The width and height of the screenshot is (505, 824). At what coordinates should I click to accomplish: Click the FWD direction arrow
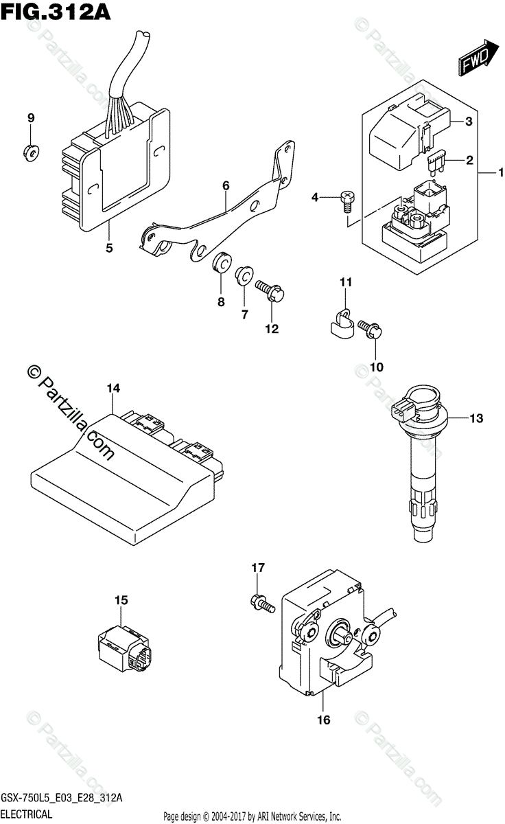[x=478, y=58]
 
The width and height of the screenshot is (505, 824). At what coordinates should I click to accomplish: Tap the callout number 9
[x=32, y=118]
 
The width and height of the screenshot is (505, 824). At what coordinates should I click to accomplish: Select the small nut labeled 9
[x=32, y=152]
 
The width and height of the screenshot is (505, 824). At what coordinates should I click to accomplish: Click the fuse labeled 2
[x=436, y=163]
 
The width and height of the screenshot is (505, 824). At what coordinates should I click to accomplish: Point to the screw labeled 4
[x=347, y=202]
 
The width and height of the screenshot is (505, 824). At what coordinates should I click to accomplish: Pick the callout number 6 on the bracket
[x=226, y=186]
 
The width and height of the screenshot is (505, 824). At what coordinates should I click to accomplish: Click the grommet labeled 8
[x=222, y=262]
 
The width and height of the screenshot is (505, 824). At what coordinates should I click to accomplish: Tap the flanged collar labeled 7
[x=244, y=276]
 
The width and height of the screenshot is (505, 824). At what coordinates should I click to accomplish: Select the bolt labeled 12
[x=270, y=291]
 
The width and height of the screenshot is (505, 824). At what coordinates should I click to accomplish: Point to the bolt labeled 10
[x=371, y=328]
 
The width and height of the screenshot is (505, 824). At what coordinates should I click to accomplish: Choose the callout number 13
[x=476, y=418]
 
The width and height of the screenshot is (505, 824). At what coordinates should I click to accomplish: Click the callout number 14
[x=114, y=388]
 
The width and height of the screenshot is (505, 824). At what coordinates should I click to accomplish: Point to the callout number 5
[x=109, y=248]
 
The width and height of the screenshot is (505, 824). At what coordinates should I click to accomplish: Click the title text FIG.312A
[x=56, y=12]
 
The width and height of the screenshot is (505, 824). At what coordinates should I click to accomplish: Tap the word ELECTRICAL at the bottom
[x=27, y=814]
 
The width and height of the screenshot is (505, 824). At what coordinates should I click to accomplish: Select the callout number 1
[x=501, y=172]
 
